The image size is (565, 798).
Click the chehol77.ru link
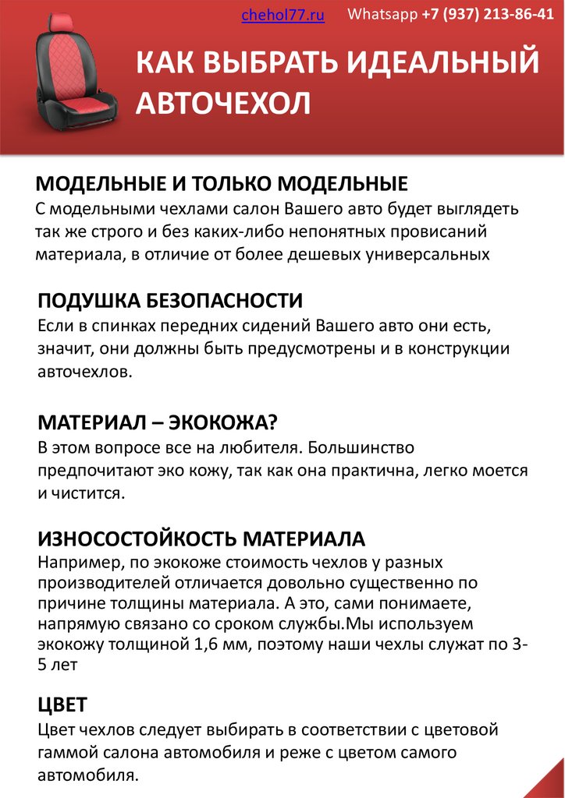283,15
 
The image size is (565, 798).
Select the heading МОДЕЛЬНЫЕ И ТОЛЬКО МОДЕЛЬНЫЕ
222,185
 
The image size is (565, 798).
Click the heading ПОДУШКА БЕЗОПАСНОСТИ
170,301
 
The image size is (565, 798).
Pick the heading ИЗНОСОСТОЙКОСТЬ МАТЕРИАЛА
201,538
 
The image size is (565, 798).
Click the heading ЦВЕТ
62,704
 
